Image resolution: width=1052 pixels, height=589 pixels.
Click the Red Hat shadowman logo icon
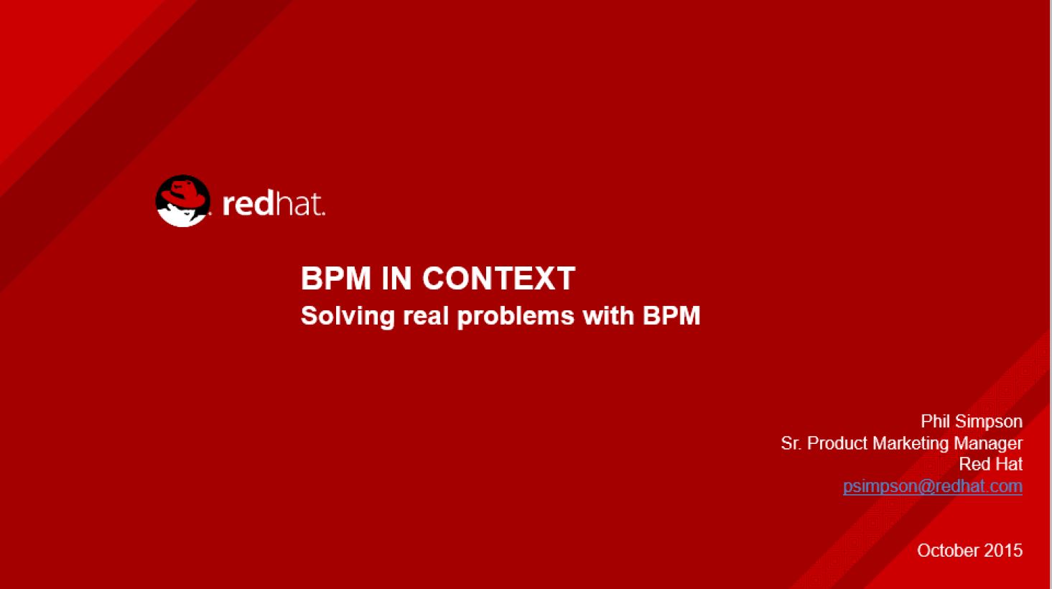pyautogui.click(x=182, y=201)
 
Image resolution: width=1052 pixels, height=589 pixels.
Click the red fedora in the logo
pyautogui.click(x=182, y=193)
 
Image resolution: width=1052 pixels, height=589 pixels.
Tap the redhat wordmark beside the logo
pyautogui.click(x=274, y=204)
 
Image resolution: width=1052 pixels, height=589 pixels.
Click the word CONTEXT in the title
pyautogui.click(x=499, y=278)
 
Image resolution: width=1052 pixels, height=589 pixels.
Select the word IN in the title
pyautogui.click(x=396, y=278)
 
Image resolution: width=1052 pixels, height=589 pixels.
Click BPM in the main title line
pyautogui.click(x=336, y=278)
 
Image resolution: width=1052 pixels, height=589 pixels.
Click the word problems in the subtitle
pyautogui.click(x=516, y=316)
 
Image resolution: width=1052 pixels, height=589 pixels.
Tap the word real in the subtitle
pyautogui.click(x=426, y=315)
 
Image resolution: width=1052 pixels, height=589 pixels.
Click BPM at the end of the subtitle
pyautogui.click(x=671, y=315)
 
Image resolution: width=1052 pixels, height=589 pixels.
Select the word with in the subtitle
pyautogui.click(x=608, y=315)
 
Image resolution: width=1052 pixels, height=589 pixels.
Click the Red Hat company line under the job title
pyautogui.click(x=990, y=464)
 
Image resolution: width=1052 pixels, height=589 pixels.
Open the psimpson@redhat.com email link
pyautogui.click(x=933, y=486)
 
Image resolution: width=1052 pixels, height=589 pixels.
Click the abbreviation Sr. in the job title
pyautogui.click(x=791, y=443)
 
